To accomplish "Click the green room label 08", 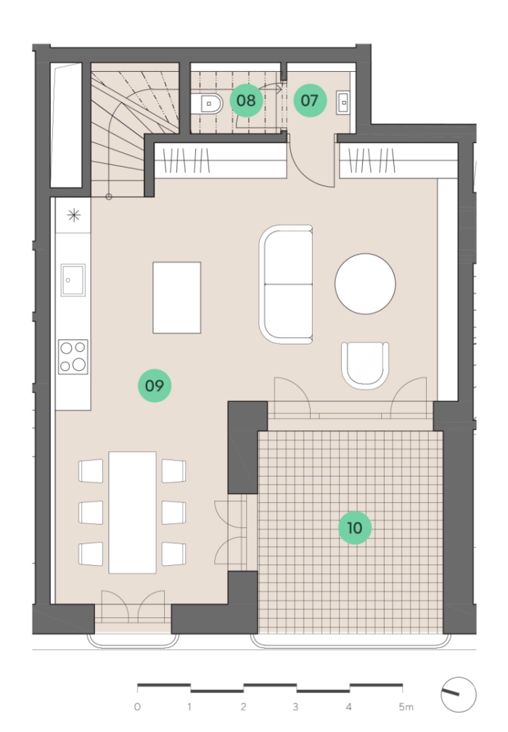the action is [246, 100].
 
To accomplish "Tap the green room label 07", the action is [310, 100].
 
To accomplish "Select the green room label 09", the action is [155, 386].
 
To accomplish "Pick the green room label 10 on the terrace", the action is [355, 528].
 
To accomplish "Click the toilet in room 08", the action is [211, 104].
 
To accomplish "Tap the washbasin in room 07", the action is [344, 102].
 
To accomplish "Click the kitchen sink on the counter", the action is [73, 280].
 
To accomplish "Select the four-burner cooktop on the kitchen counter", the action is [73, 357].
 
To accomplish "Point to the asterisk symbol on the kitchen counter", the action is [74, 215].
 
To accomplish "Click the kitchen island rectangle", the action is [177, 298].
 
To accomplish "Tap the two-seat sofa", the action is [287, 284].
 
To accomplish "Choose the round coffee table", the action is [365, 284].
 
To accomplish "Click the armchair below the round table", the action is [365, 366].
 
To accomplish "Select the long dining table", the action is [133, 512].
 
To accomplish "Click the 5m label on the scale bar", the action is [406, 707].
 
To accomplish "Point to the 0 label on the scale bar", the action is [137, 707].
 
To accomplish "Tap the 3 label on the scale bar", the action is [295, 707].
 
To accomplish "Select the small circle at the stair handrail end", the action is [109, 197].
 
